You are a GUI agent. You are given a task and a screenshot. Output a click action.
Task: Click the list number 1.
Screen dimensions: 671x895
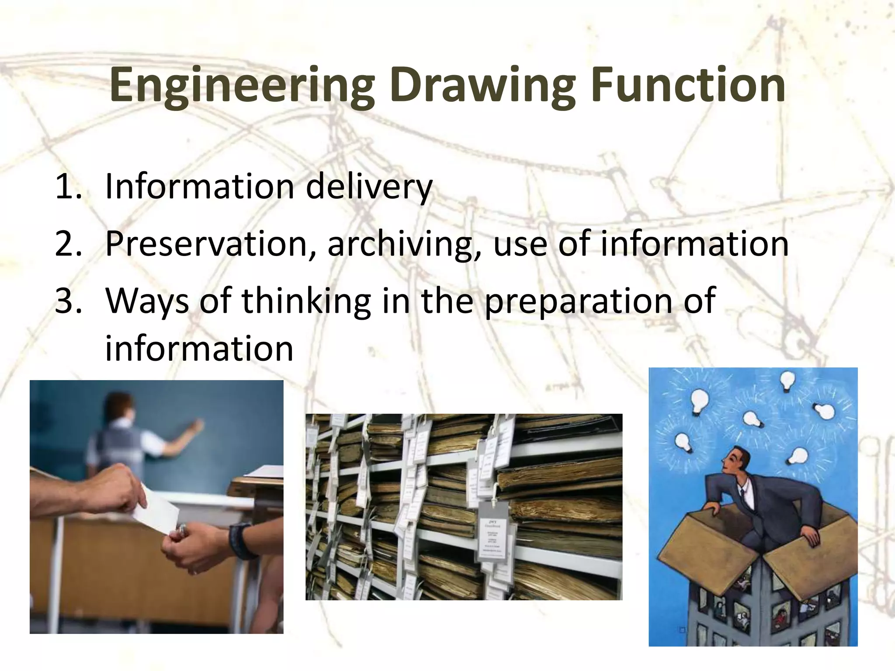[x=68, y=187]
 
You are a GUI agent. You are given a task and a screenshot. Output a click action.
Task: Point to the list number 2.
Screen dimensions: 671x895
[x=68, y=244]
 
